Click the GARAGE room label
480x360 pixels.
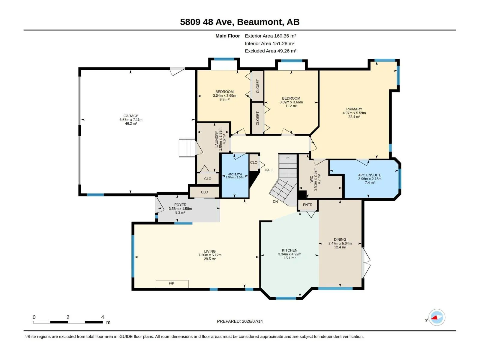131,116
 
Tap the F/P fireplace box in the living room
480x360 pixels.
172,284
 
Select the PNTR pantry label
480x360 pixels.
307,205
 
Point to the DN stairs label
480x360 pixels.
275,202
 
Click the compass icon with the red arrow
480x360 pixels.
437,317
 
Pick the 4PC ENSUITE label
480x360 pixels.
370,175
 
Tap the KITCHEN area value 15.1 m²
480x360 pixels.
289,258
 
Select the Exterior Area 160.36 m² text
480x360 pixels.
270,36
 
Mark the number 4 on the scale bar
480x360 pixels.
103,317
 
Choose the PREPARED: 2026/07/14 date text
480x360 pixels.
240,321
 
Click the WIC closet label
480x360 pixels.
311,179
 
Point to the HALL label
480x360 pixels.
269,170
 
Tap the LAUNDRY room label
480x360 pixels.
217,139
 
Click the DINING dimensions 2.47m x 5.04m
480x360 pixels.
340,243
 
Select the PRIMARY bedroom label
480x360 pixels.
354,109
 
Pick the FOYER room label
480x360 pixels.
180,205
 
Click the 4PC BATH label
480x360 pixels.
235,174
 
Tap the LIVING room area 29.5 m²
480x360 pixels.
210,259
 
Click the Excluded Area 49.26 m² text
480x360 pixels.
271,51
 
